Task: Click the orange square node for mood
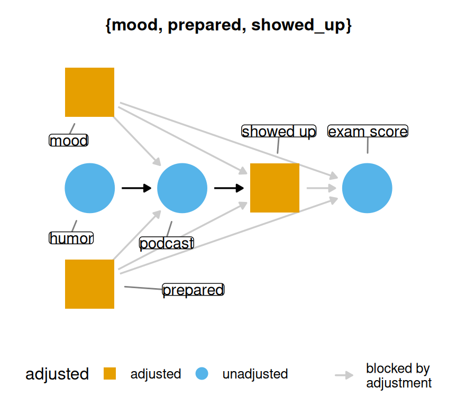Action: (89, 92)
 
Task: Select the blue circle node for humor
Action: (90, 188)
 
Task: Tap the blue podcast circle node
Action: (182, 188)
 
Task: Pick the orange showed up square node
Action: (275, 188)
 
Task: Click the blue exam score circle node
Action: (367, 188)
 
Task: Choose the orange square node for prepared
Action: (89, 284)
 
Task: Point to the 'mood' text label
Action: (68, 141)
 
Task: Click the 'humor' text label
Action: (71, 238)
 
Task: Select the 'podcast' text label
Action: (167, 243)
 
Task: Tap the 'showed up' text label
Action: (279, 131)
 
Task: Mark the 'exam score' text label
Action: (368, 131)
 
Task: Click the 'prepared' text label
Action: (193, 290)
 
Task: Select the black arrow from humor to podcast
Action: (136, 188)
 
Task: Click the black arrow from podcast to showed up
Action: (229, 188)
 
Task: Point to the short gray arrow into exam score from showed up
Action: (321, 188)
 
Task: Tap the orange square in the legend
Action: (110, 374)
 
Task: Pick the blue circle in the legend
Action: (202, 374)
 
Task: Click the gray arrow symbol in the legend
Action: (344, 375)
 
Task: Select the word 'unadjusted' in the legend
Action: (255, 374)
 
